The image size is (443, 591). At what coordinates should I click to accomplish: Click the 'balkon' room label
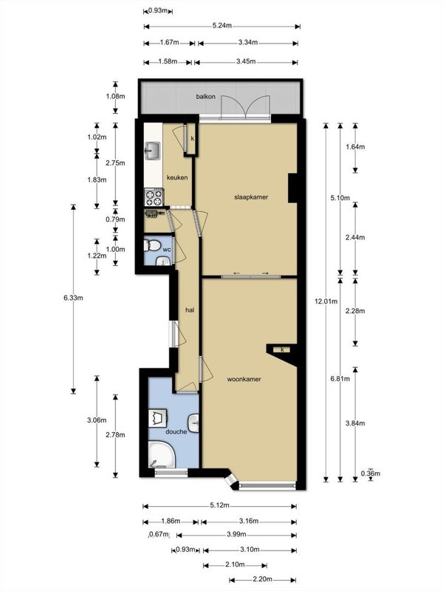[x=206, y=97]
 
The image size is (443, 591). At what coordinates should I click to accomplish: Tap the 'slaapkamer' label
[x=251, y=197]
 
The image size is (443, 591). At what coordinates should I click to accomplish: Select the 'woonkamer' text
[x=244, y=379]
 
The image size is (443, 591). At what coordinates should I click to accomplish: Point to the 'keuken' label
[x=177, y=177]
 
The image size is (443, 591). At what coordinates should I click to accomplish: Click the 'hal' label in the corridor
[x=190, y=310]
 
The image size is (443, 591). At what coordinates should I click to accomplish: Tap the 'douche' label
[x=176, y=431]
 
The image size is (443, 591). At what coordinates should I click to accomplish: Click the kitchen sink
[x=153, y=151]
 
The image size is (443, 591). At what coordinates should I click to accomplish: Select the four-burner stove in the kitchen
[x=154, y=197]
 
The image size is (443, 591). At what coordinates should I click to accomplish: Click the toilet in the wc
[x=152, y=246]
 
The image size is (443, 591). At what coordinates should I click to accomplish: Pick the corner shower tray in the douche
[x=162, y=454]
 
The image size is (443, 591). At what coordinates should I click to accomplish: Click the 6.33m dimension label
[x=73, y=298]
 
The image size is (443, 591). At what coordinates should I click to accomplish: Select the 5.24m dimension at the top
[x=222, y=26]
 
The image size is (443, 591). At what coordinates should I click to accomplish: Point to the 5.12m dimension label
[x=219, y=506]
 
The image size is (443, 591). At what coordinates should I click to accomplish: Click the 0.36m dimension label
[x=371, y=474]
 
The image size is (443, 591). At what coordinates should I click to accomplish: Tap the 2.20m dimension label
[x=262, y=580]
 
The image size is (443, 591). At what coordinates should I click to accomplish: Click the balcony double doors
[x=246, y=107]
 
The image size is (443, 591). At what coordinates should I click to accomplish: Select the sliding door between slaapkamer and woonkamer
[x=251, y=276]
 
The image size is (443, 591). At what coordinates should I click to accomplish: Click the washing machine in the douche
[x=158, y=418]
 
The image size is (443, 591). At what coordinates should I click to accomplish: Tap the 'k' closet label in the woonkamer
[x=282, y=349]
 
